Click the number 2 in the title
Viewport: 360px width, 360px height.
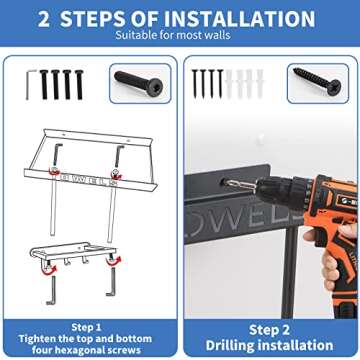click(44, 19)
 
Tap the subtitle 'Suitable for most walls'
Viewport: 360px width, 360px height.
click(173, 35)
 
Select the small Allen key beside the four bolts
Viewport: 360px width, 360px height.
click(31, 85)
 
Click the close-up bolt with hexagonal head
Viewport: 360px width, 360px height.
click(138, 83)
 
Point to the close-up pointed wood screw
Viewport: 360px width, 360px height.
click(317, 81)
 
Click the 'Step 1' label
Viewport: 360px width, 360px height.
click(87, 327)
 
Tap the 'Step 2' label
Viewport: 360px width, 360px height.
click(269, 330)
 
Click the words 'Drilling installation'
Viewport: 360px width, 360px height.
click(269, 345)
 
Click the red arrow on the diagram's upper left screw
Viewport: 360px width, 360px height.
click(54, 173)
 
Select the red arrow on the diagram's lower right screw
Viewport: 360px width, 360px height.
click(114, 261)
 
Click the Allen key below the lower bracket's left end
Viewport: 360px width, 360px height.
click(52, 289)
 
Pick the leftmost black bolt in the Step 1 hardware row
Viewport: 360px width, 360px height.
click(44, 85)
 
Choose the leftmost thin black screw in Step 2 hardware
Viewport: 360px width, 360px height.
click(195, 83)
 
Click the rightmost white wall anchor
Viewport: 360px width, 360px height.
click(260, 83)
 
